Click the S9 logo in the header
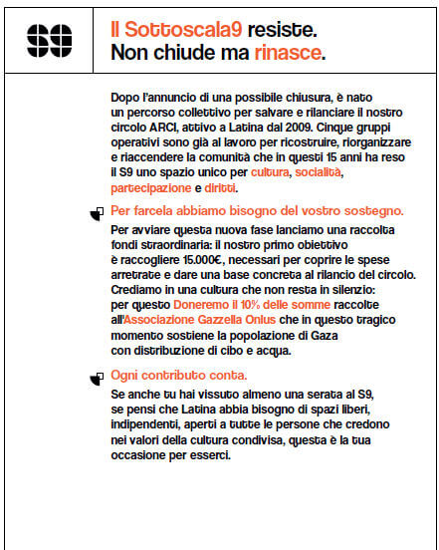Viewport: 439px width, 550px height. (x=48, y=40)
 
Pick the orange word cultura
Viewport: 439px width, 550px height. (x=270, y=173)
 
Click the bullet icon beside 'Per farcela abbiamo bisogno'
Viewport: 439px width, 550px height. (x=98, y=212)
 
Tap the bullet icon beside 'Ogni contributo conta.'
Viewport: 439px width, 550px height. (x=98, y=377)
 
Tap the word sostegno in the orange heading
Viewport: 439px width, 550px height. (x=370, y=211)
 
